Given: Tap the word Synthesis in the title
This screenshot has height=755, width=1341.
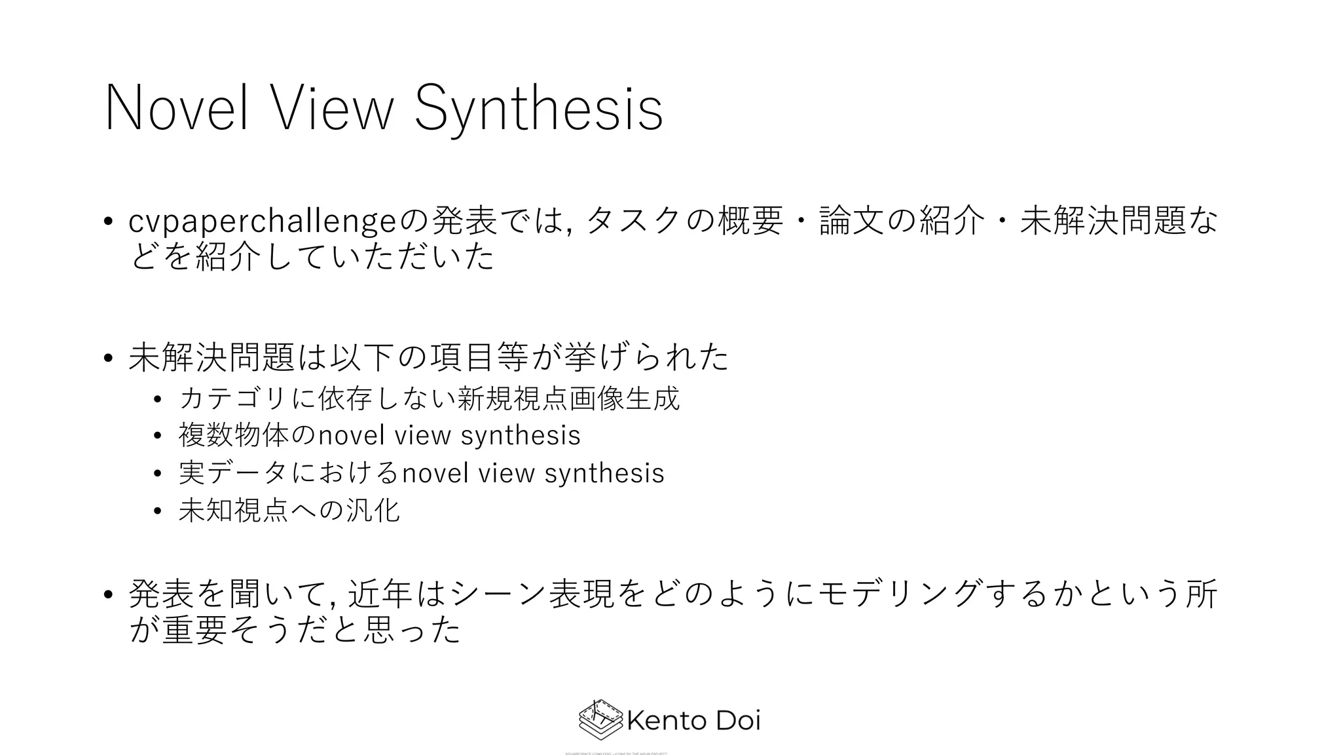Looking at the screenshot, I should pos(539,109).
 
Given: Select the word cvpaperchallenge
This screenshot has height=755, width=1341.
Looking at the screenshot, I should pos(263,222).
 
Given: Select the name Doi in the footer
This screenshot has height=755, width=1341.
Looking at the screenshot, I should pos(737,721).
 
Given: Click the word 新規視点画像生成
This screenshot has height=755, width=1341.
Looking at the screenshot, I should pos(568,398).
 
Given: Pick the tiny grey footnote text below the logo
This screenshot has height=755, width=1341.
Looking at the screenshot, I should pos(615,753).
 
